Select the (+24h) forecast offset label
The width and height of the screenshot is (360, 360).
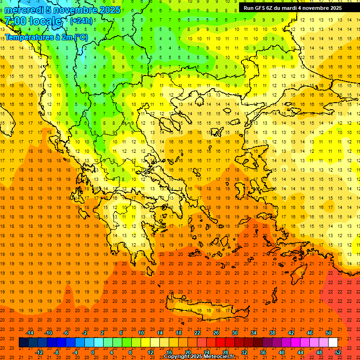pos(81,21)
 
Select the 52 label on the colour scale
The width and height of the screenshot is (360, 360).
pos(338,352)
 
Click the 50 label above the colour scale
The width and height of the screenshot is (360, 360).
pos(329,333)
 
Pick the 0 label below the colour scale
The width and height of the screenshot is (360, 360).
pos(93,352)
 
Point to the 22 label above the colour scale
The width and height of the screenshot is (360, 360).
pos(197,333)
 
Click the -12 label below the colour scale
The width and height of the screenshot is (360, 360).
pos(39,352)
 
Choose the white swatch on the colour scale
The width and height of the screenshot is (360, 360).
pos(333,343)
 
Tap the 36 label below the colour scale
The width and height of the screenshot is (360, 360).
pos(263,352)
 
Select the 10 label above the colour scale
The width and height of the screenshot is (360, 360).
pos(141,333)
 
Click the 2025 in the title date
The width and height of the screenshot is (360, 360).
pos(110,10)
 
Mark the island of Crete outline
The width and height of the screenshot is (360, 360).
pos(206,312)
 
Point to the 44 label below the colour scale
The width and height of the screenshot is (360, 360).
pos(300,352)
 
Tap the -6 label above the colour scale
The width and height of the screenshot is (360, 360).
pos(67,333)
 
